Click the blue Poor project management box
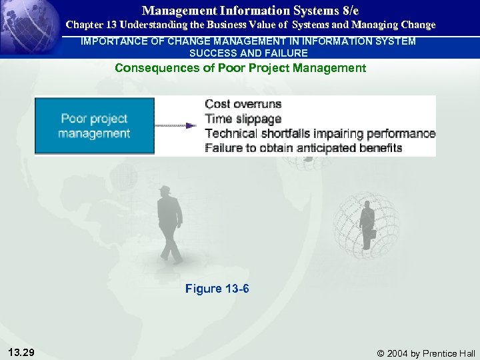(94, 126)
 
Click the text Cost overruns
(243, 104)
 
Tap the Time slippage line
(243, 119)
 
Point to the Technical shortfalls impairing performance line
(320, 133)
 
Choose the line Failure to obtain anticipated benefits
(303, 148)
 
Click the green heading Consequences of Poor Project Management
(240, 68)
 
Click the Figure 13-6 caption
(217, 288)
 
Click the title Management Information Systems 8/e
(250, 11)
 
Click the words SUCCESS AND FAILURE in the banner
(249, 53)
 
